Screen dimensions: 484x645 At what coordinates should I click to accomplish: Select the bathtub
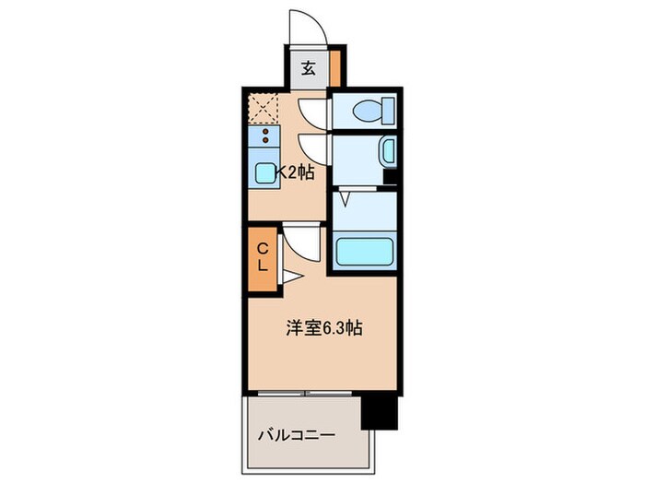(x=363, y=251)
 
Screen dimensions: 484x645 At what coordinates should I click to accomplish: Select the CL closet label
(x=262, y=256)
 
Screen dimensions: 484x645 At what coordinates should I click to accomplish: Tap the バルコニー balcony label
(x=295, y=433)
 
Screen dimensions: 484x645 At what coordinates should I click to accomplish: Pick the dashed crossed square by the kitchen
(x=265, y=108)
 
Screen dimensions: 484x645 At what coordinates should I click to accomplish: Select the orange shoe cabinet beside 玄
(x=335, y=67)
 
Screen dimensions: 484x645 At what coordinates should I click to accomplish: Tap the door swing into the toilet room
(x=313, y=112)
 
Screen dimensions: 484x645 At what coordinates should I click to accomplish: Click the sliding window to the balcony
(x=304, y=394)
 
